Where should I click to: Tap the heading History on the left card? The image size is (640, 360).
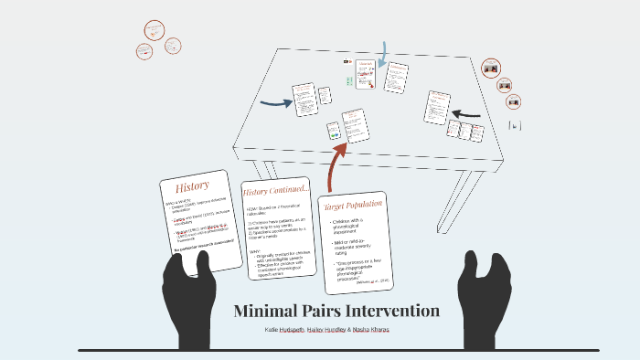click(192, 186)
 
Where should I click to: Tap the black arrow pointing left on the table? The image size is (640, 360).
click(466, 115)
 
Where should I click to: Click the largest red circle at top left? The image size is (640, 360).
click(153, 30)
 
